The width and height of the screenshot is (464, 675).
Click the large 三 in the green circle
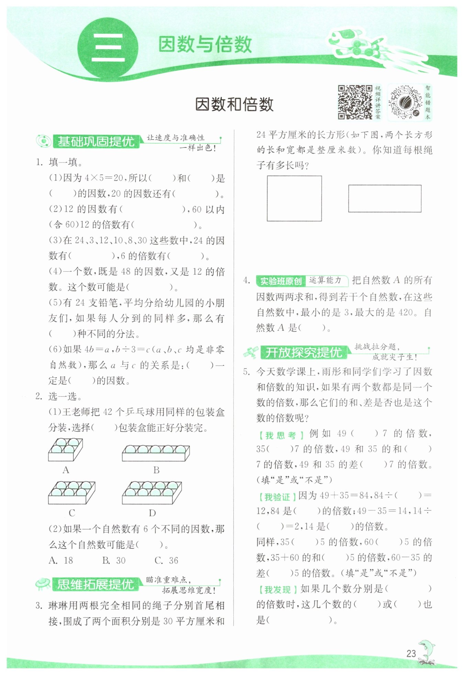[108, 48]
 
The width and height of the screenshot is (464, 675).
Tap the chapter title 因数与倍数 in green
[205, 45]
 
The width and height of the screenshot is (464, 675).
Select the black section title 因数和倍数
[234, 104]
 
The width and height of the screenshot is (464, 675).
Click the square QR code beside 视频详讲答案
[355, 102]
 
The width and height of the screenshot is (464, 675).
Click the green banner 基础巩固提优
[96, 141]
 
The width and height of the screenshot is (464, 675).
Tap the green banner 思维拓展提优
[95, 584]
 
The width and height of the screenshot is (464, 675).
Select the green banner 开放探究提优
[303, 352]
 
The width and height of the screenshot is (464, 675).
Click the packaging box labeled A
[65, 449]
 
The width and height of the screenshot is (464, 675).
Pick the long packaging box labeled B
[156, 453]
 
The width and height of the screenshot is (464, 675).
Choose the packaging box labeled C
[71, 492]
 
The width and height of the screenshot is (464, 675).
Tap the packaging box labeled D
[152, 492]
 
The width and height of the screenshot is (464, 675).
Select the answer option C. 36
[166, 560]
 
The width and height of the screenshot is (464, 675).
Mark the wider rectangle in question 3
[385, 198]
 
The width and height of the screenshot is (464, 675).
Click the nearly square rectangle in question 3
[294, 198]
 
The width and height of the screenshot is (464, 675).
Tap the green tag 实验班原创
[281, 281]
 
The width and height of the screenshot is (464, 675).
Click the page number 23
[411, 653]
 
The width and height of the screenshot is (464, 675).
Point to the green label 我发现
[277, 590]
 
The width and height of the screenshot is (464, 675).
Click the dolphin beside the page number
[427, 651]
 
